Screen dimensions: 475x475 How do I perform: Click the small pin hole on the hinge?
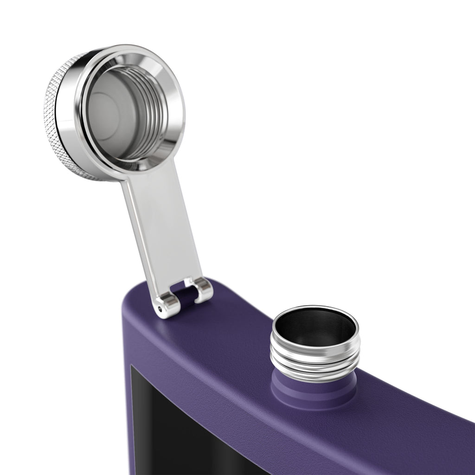tap(161, 308)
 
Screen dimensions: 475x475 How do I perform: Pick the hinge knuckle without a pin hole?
tap(203, 290)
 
